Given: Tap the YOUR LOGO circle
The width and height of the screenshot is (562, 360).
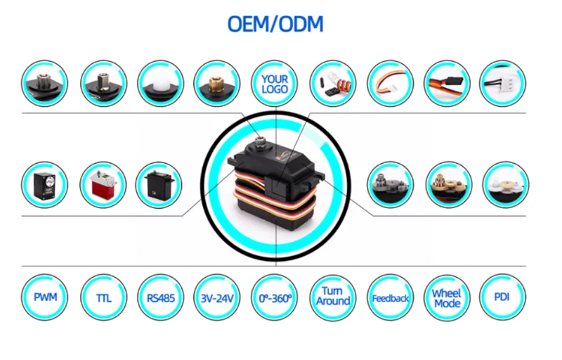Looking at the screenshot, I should (x=275, y=84).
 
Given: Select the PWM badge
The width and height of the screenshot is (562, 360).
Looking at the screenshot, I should (x=45, y=297).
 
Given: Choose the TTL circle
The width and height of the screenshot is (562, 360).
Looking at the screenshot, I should (x=103, y=297).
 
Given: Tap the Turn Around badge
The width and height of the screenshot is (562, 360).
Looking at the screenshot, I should (x=332, y=296).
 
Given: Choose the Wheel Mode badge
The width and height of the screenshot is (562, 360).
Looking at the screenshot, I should (x=447, y=297).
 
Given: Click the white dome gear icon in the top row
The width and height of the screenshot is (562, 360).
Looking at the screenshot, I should (x=160, y=83).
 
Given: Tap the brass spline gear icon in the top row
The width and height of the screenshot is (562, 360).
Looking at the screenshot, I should (x=217, y=83).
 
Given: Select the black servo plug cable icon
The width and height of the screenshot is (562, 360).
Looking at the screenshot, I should (x=447, y=83).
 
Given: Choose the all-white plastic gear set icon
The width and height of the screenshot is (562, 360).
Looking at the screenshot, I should (x=505, y=185).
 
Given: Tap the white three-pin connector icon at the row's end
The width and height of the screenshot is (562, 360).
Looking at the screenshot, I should (x=502, y=83).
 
